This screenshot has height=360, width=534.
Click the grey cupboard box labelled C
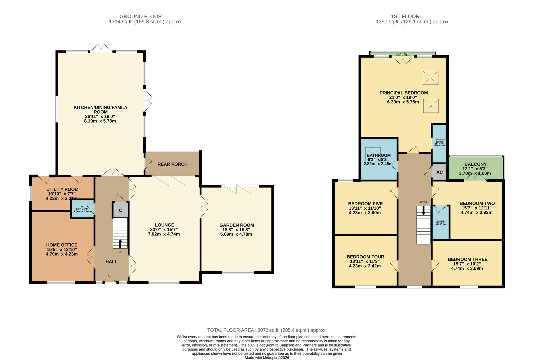coord(121,210)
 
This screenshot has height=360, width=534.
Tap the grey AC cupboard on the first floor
coord(439,172)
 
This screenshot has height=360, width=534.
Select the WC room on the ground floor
coord(82,209)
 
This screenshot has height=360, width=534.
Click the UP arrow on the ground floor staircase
coord(120,244)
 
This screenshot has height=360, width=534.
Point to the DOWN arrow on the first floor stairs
coord(423,210)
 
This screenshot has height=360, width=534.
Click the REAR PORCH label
coord(172,164)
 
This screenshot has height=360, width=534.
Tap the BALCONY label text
coord(475,164)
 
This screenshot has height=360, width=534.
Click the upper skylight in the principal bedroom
coord(430,78)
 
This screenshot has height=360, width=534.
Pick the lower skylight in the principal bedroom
coord(430,106)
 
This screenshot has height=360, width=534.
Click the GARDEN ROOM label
coord(236,225)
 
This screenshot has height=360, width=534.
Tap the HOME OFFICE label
coord(62,245)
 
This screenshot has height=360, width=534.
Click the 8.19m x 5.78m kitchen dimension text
coord(100,121)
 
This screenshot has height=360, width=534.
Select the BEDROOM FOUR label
coord(365,257)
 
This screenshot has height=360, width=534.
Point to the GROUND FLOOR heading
coord(141,16)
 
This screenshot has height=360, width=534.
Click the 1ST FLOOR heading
coord(405,16)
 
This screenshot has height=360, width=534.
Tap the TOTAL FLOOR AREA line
coord(267,330)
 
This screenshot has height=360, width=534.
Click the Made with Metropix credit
coord(267,358)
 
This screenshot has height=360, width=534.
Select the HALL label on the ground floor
coord(111,262)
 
